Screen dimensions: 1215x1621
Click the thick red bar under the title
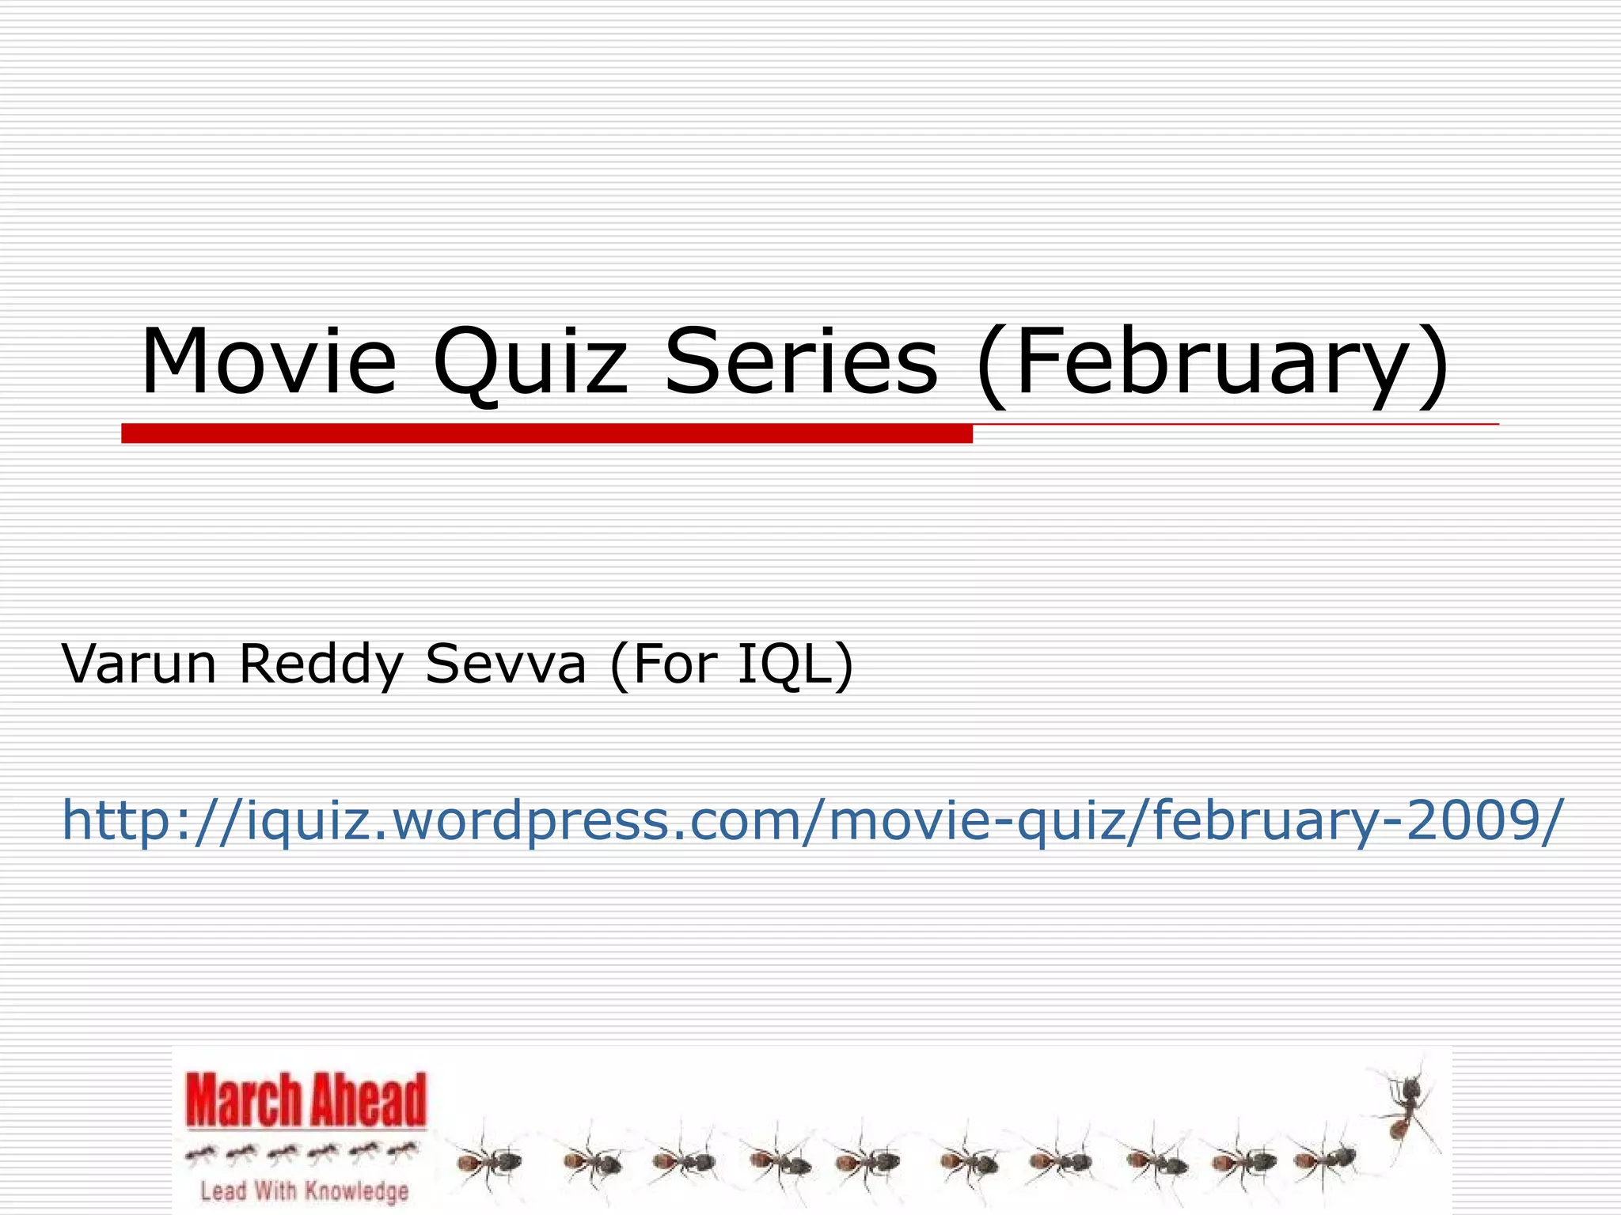pyautogui.click(x=546, y=433)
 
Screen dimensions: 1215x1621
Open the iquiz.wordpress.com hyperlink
pyautogui.click(x=812, y=819)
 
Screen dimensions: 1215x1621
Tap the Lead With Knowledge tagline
pyautogui.click(x=305, y=1190)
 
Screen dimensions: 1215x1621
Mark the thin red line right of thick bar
pyautogui.click(x=1235, y=425)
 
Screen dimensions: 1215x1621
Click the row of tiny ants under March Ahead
pyautogui.click(x=302, y=1153)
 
